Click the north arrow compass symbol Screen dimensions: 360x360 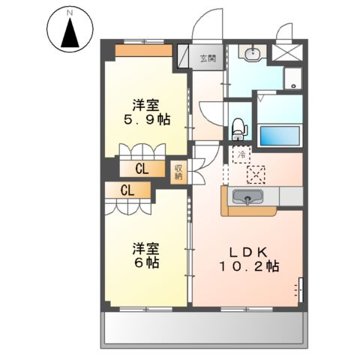coord(70,30)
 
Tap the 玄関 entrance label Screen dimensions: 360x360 coord(208,58)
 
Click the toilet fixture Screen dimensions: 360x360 coord(238,129)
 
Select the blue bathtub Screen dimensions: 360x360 coord(279,136)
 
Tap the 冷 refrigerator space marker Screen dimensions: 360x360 coord(241,154)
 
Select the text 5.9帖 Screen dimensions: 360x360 coord(146,119)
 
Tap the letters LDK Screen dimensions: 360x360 coord(248,250)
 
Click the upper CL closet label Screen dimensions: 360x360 coord(142,169)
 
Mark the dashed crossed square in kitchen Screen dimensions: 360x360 coord(256,174)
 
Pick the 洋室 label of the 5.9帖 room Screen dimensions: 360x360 coord(146,104)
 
